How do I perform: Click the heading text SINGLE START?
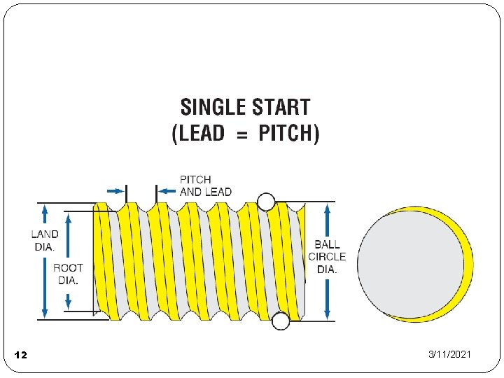pos(245,108)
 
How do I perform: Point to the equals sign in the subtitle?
pos(241,134)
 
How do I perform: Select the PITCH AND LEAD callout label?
pos(205,185)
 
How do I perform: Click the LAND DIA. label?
pos(45,240)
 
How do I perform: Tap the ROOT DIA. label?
pos(68,274)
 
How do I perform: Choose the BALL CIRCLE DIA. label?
pos(327,257)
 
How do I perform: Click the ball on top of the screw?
pos(266,202)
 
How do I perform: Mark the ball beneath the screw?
pos(281,321)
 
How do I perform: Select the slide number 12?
pos(20,356)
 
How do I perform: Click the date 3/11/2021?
pos(449,355)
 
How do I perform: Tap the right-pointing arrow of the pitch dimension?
pos(114,190)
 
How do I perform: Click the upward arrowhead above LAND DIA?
pos(45,209)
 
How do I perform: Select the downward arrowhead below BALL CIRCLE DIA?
pos(327,314)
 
